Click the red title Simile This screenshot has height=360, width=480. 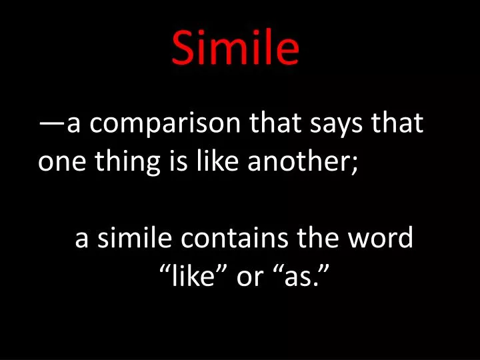point(235,49)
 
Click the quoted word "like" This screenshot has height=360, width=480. point(193,275)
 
